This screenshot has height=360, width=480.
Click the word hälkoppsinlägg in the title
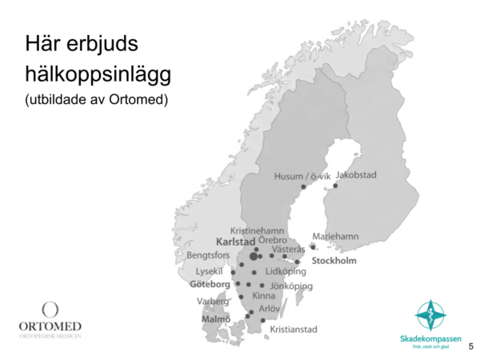(98, 74)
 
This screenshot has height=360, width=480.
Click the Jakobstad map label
(356, 175)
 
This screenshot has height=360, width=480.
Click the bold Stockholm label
(334, 262)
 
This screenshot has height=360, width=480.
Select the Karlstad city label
(237, 241)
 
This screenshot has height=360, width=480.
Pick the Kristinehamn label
(255, 230)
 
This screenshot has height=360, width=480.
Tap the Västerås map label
(289, 250)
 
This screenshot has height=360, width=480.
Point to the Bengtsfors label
(208, 255)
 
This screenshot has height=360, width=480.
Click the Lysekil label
(209, 272)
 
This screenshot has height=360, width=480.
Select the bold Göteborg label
(210, 285)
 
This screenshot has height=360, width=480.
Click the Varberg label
(213, 302)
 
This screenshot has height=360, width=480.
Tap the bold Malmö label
(216, 319)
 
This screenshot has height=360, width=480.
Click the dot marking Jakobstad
(336, 186)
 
